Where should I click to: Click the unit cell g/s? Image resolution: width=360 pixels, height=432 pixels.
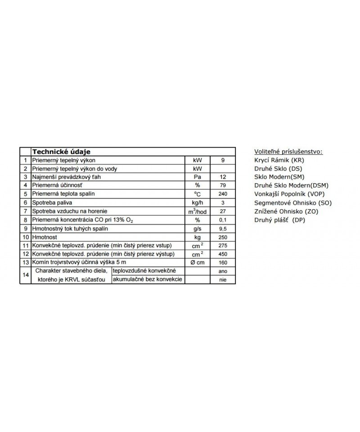coord(197,229)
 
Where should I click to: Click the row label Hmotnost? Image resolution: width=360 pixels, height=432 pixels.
coord(43,237)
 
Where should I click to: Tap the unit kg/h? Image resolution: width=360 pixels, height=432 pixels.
coord(197,202)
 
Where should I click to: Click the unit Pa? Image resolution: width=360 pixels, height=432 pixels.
coord(197,177)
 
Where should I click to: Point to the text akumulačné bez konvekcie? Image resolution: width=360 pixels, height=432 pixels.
coord(148,280)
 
